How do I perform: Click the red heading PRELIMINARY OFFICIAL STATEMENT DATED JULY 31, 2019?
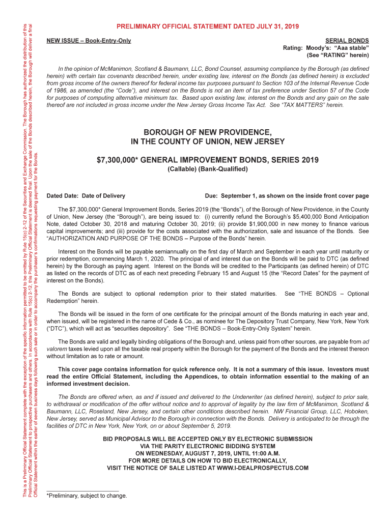[x=207, y=26]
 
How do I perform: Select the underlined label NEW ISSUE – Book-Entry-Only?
[x=89, y=40]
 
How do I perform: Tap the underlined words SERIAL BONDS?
[x=347, y=40]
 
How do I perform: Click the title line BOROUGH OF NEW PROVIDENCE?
[x=207, y=132]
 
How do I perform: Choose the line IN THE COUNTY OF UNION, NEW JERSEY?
[x=207, y=141]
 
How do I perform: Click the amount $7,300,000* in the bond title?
[x=117, y=160]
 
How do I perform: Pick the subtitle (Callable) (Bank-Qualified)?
[x=207, y=170]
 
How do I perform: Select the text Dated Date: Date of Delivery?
[x=86, y=195]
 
